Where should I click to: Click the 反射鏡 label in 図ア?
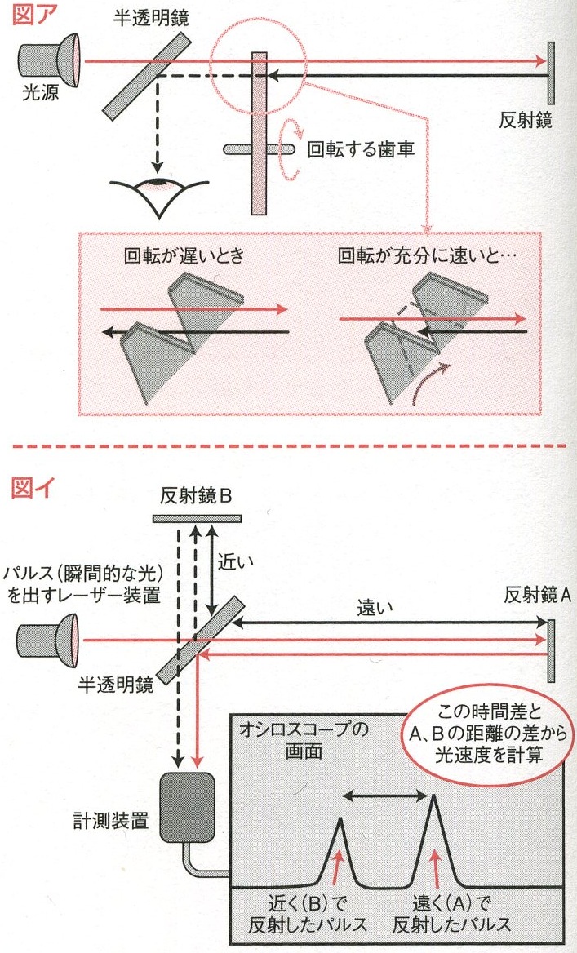click(x=526, y=122)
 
